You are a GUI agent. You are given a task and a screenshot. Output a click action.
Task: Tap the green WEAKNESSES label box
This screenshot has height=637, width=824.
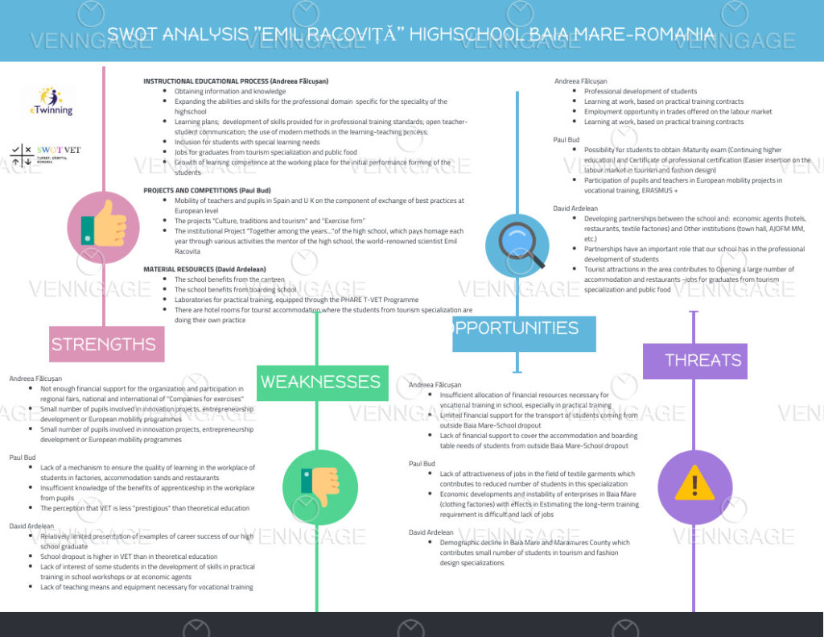[x=320, y=382]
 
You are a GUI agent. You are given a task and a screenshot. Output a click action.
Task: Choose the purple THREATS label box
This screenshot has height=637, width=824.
[x=694, y=360]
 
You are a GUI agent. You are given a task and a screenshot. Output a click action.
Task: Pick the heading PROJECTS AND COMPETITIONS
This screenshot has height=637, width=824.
[x=190, y=190]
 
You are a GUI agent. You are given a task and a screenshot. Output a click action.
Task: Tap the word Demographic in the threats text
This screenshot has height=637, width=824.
[x=460, y=543]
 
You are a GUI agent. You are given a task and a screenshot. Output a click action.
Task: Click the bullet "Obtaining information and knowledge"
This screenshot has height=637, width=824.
[x=218, y=92]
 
